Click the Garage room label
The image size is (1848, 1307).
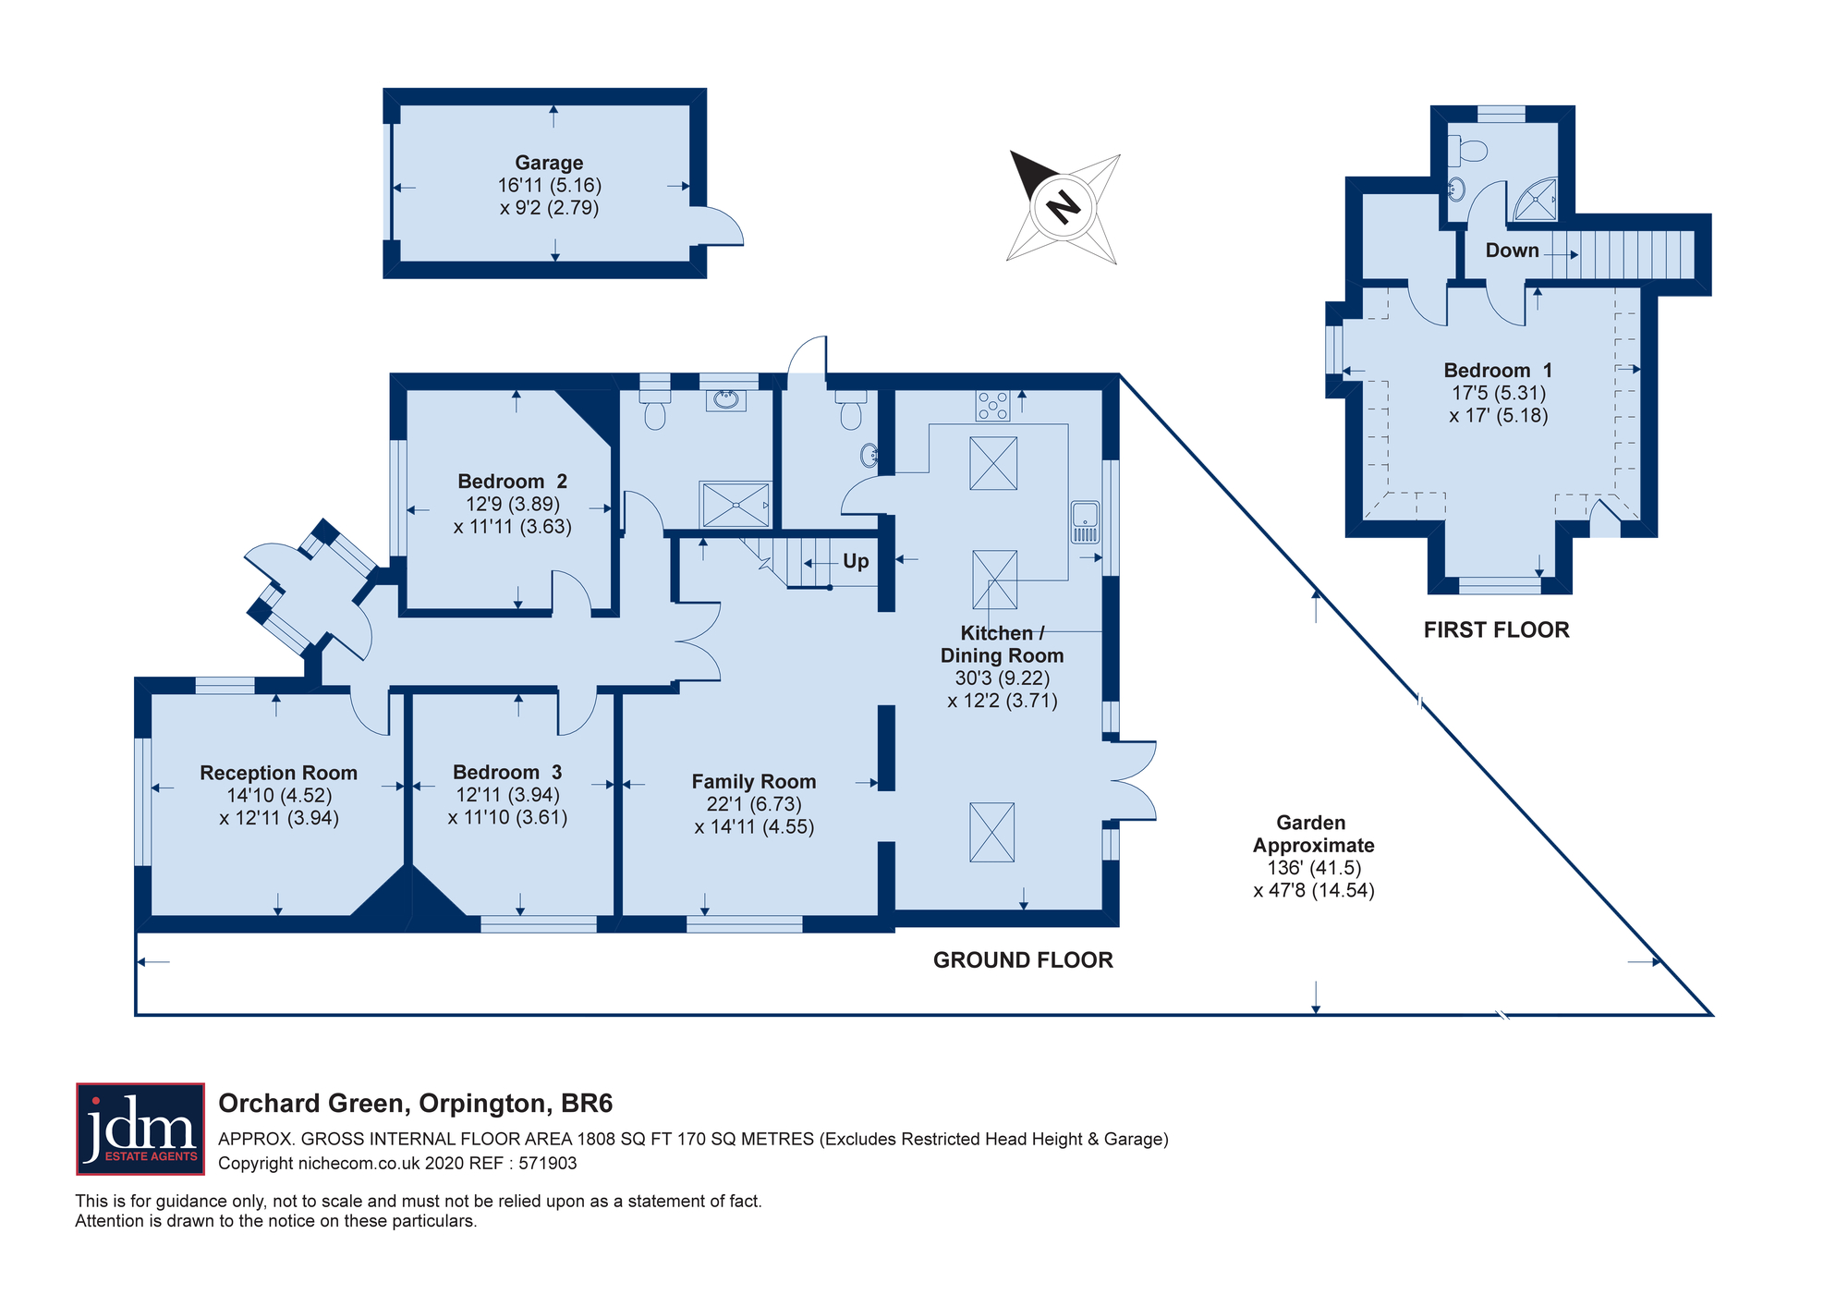(549, 164)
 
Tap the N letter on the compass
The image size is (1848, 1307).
(1064, 206)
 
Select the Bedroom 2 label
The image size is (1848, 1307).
(512, 482)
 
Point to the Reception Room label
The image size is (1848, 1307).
(278, 773)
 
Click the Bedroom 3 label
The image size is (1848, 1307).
(507, 772)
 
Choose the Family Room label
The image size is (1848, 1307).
(753, 782)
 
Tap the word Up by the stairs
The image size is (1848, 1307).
(856, 561)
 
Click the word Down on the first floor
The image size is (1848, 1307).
(1512, 250)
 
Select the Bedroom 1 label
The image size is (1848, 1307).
(1498, 371)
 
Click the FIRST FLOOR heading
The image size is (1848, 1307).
(1496, 630)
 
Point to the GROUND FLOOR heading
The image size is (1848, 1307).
(1023, 960)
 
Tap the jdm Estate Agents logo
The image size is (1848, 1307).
(140, 1129)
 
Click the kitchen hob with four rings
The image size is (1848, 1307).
(993, 405)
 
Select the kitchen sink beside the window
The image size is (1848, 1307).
(1084, 522)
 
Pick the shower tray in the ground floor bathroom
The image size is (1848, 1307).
(736, 505)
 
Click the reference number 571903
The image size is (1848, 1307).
(548, 1164)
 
